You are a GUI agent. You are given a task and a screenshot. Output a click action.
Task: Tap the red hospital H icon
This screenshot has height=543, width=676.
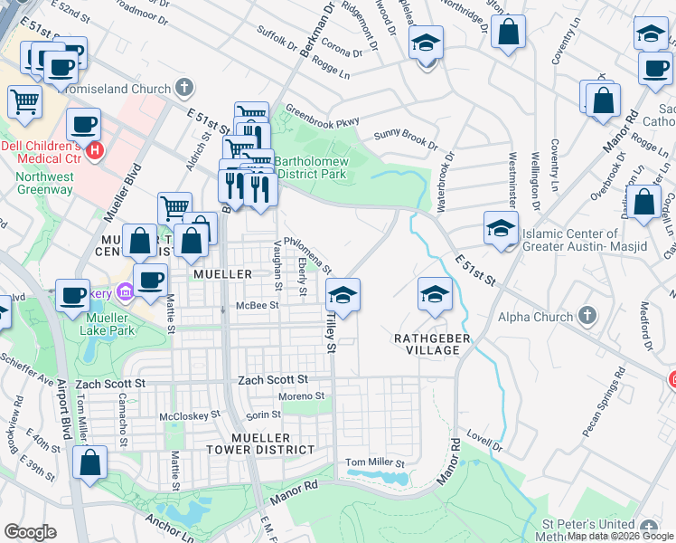pyautogui.click(x=94, y=149)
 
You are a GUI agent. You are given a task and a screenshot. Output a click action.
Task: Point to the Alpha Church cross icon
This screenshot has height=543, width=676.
pyautogui.click(x=587, y=317)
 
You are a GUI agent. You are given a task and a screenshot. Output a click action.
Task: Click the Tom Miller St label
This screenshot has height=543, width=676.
pyautogui.click(x=375, y=462)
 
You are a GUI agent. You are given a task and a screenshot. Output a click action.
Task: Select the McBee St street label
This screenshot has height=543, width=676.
pyautogui.click(x=257, y=306)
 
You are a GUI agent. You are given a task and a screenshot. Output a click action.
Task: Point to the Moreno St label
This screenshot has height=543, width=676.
pyautogui.click(x=301, y=396)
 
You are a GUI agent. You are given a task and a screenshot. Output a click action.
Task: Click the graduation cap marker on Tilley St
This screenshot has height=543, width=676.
pyautogui.click(x=342, y=296)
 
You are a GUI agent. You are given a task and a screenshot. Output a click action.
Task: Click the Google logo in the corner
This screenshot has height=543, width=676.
pyautogui.click(x=30, y=532)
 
